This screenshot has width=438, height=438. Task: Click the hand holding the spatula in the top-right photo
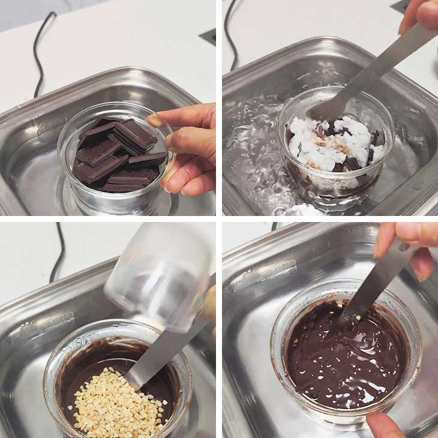[x=420, y=15]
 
